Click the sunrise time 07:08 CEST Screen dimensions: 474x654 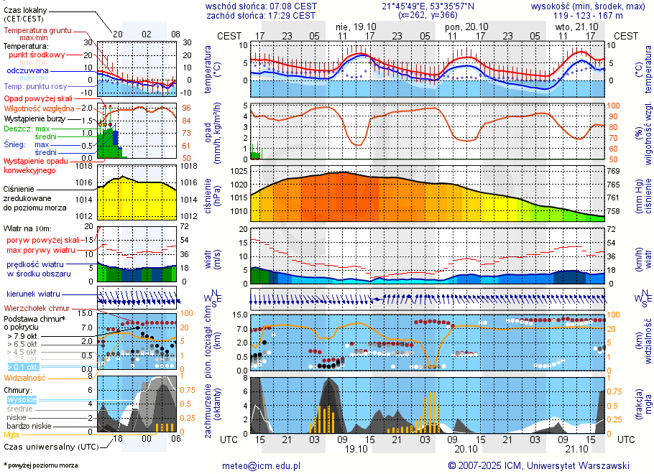click(290, 6)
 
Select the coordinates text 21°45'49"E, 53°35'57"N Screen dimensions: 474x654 click(428, 6)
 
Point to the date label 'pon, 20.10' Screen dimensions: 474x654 click(466, 26)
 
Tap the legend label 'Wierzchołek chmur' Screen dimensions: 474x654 click(41, 307)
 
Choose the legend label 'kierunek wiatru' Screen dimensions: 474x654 click(33, 294)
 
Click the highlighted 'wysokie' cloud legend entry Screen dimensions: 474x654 click(22, 399)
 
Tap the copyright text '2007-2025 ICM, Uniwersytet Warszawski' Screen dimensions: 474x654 click(544, 465)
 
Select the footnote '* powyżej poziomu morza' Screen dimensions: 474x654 click(40, 465)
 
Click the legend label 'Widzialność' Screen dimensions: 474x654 click(25, 377)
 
